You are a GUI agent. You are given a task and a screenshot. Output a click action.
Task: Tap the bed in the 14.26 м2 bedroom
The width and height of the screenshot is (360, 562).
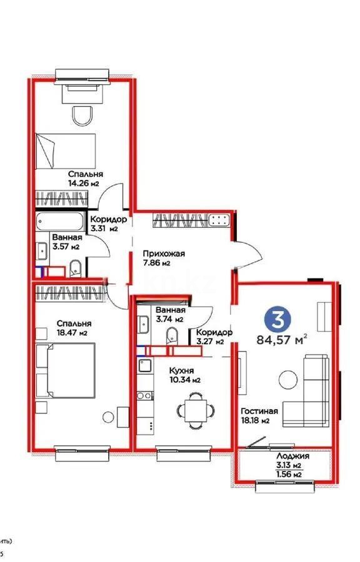(66, 149)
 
